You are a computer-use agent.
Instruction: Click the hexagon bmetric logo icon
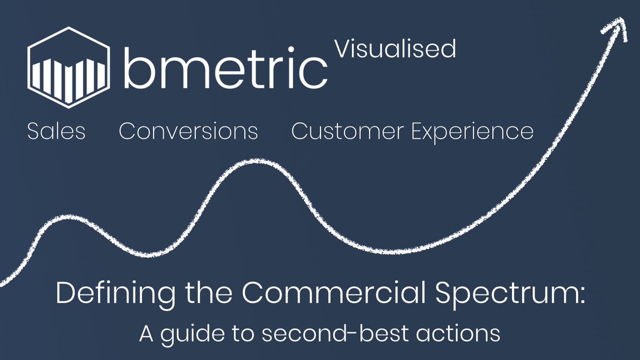(69, 67)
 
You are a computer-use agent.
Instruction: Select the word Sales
(56, 131)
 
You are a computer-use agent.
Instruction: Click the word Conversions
(188, 131)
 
